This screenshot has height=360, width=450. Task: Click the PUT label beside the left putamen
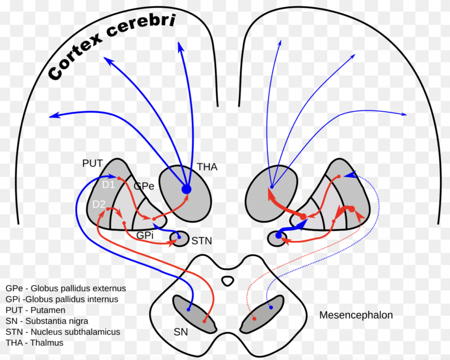[x=92, y=163]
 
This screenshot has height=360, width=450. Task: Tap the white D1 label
[x=108, y=185]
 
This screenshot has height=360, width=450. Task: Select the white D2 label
[x=99, y=204]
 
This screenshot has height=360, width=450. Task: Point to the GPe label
[x=144, y=186]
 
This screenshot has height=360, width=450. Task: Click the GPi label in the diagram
[x=145, y=235]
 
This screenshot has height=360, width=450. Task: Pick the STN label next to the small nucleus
[x=201, y=241]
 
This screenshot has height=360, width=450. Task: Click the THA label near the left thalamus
[x=207, y=167]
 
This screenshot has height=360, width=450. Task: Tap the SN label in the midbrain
[x=180, y=332]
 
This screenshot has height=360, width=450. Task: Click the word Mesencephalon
[x=356, y=315]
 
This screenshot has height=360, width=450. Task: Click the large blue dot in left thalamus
[x=187, y=189]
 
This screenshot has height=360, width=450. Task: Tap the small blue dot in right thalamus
[x=272, y=187]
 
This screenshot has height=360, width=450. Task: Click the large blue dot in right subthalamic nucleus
[x=279, y=236]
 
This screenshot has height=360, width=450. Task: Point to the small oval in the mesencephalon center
[x=228, y=281]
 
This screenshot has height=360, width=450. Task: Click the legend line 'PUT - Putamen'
[x=35, y=310]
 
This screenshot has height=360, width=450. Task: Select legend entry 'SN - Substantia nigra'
[x=47, y=321]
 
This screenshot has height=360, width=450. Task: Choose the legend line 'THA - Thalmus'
[x=34, y=343]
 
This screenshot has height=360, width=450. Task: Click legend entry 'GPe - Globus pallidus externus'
[x=66, y=288]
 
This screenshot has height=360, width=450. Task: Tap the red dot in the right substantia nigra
[x=254, y=319]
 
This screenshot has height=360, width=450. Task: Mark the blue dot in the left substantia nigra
[x=189, y=309]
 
